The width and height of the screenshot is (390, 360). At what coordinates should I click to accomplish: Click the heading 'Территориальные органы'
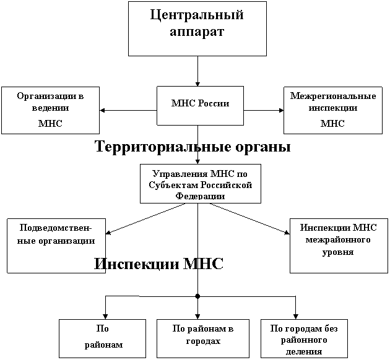click(x=193, y=147)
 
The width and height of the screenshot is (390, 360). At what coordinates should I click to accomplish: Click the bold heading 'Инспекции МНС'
click(x=158, y=264)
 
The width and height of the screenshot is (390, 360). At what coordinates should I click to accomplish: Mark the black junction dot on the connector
click(x=197, y=296)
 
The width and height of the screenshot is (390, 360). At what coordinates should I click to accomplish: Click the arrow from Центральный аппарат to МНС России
click(x=197, y=71)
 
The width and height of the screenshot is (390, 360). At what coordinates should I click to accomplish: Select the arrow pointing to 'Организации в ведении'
click(x=128, y=110)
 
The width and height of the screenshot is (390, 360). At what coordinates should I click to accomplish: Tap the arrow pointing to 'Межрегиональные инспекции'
click(x=264, y=110)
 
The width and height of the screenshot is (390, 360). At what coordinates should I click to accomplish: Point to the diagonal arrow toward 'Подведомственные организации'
click(x=145, y=219)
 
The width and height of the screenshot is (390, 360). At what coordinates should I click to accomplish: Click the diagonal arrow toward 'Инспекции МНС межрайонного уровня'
click(x=249, y=219)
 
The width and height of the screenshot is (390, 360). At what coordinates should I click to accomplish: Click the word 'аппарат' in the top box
click(x=197, y=32)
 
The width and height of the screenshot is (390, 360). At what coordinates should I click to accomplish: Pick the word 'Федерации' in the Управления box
click(x=200, y=196)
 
